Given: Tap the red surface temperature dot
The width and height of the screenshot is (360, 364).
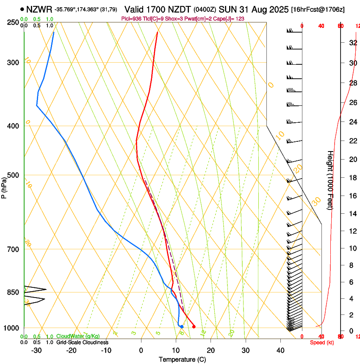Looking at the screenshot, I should (x=194, y=326).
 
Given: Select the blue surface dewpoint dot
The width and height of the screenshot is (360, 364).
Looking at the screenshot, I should (x=181, y=326).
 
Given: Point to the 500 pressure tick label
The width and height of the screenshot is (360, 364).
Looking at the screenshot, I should (x=13, y=175).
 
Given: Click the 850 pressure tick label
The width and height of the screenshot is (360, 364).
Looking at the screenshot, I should (x=13, y=292).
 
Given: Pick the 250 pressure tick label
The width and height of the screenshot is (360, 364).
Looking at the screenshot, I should (x=13, y=22).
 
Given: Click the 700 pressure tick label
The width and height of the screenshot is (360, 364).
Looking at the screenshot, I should (x=13, y=249).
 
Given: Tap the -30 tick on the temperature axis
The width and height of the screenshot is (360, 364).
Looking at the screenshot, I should (x=36, y=350).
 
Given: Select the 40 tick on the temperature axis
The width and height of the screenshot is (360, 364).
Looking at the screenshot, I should (x=280, y=350).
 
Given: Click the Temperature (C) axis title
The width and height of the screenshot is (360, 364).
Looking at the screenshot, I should (x=182, y=359).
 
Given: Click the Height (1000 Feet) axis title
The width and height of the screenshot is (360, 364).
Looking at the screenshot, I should (x=330, y=180).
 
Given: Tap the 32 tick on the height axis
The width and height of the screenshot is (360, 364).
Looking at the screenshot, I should (x=352, y=42).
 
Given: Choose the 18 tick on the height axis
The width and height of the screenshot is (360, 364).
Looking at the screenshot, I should (x=352, y=178).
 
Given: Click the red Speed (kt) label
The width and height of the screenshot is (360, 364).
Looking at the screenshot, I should (x=322, y=342).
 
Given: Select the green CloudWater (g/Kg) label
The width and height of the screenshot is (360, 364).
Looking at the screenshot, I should (x=78, y=336).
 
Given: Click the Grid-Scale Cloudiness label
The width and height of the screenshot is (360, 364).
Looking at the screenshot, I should (x=82, y=342).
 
